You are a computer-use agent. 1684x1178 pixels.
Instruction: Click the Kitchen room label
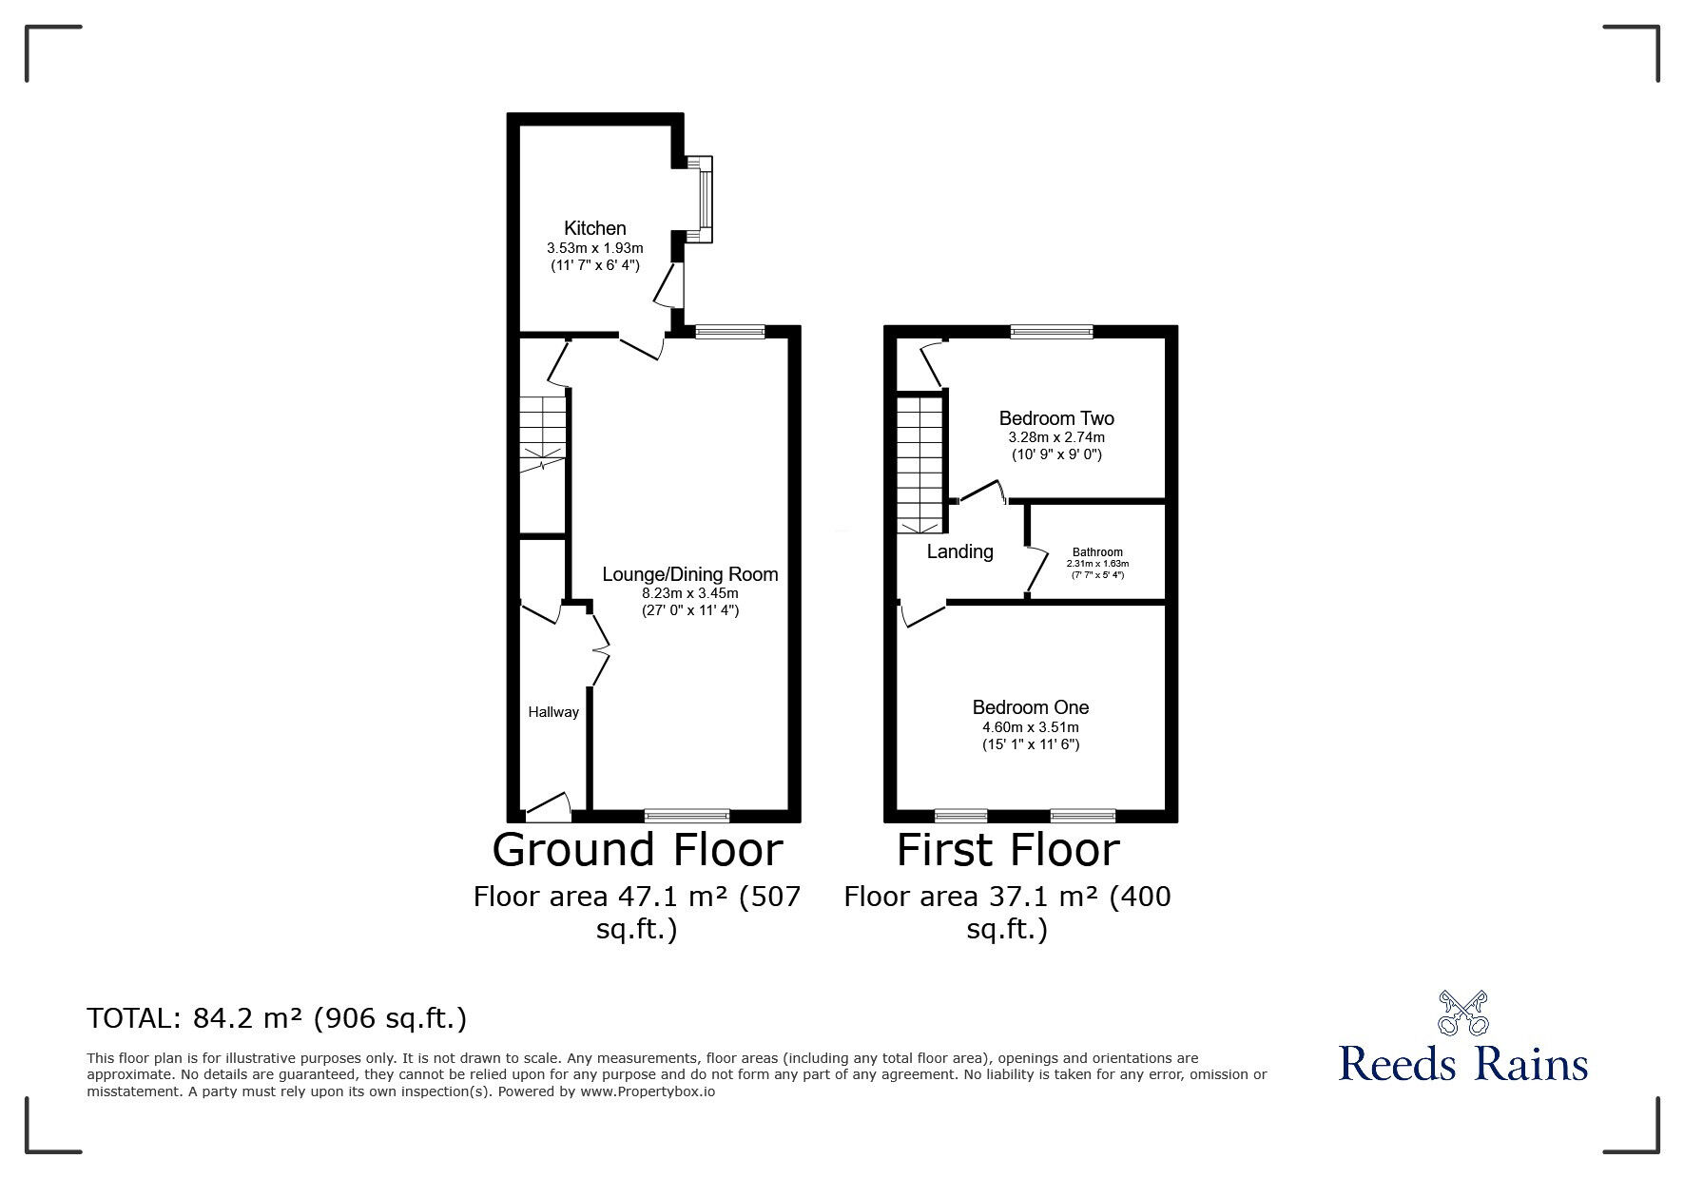tap(595, 228)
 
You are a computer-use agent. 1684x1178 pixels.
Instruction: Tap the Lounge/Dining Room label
tap(690, 574)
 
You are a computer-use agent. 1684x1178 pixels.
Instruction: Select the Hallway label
tap(553, 712)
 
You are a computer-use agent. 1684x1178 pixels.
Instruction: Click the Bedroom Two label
tap(1056, 418)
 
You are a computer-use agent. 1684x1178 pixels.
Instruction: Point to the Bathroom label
tap(1097, 552)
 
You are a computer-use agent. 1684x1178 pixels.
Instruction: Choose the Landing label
tap(959, 551)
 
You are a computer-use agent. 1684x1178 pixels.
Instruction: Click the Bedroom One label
tap(1031, 707)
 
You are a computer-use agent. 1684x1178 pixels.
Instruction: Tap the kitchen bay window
tap(705, 200)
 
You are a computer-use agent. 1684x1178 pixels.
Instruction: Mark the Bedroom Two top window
tap(1051, 332)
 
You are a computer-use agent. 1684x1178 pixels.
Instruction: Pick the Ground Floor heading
tap(637, 849)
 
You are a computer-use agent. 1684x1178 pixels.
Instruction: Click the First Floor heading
tap(1008, 849)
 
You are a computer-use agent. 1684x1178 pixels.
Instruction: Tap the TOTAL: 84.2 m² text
tap(277, 1019)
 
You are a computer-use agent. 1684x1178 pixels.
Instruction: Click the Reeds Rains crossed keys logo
tap(1462, 1014)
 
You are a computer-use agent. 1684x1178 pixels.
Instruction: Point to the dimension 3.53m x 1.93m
tap(595, 248)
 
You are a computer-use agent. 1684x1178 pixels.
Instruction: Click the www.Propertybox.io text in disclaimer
tap(648, 1092)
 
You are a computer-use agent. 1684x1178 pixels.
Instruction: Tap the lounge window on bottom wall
tap(687, 815)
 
